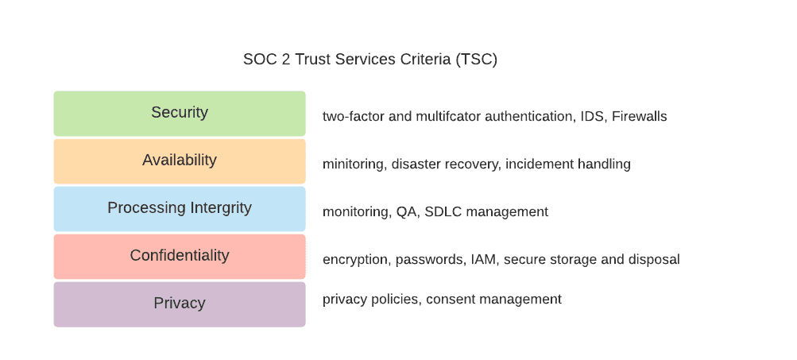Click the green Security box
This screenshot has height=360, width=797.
[180, 114]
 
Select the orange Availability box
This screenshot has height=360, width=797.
[180, 161]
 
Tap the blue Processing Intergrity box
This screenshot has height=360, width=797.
[180, 209]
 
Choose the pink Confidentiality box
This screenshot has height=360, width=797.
[180, 256]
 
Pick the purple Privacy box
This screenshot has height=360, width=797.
[180, 304]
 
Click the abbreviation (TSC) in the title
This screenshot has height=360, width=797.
[476, 60]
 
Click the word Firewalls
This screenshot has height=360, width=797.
[639, 117]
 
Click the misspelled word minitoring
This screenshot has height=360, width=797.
[354, 165]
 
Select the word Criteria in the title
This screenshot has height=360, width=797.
[425, 60]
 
